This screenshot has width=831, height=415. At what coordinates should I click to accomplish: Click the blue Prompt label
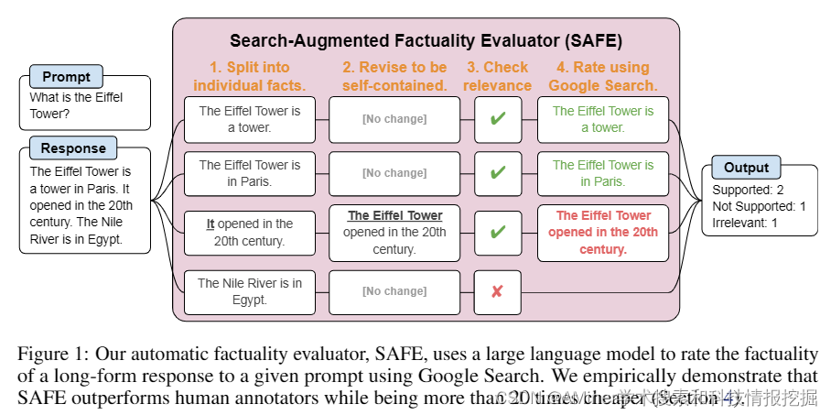[x=66, y=77]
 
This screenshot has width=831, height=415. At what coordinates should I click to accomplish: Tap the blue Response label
[x=73, y=148]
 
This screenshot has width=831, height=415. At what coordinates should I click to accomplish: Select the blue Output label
[x=747, y=168]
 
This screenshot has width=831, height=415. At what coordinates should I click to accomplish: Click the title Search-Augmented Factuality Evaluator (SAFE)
[x=426, y=41]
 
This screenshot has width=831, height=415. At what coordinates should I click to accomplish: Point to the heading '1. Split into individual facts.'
[x=249, y=76]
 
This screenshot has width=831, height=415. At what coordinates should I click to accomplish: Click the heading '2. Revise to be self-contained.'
[x=394, y=76]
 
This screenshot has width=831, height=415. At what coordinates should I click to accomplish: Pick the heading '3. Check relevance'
[x=497, y=76]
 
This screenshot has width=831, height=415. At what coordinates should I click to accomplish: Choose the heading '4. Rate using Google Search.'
[x=602, y=76]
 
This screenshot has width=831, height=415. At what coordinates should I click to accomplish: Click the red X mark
[x=497, y=291]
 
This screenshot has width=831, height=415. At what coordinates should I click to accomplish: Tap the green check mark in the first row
[x=497, y=119]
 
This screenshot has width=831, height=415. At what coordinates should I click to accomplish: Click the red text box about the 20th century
[x=602, y=233]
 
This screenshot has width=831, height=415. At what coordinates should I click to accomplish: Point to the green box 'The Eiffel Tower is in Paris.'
[x=602, y=173]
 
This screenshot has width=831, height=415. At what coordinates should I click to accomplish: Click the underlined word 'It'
[x=210, y=224]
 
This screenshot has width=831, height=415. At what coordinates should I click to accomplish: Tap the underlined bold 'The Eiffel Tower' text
[x=394, y=216]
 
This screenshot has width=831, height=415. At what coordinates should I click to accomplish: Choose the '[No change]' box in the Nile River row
[x=394, y=291]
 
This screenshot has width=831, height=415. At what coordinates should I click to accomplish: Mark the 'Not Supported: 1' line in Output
[x=759, y=206]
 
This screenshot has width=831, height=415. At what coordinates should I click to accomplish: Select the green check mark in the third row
[x=497, y=233]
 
